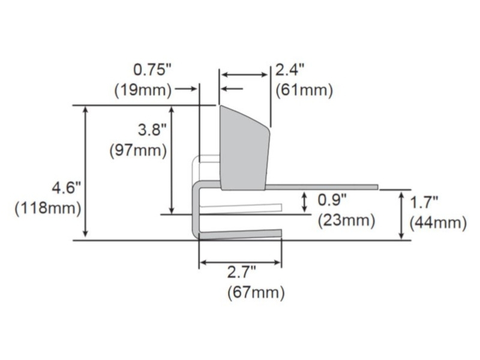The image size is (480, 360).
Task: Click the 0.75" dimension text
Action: tap(152, 70)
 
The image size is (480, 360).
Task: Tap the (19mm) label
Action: tap(143, 91)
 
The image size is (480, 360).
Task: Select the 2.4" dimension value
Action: tap(290, 70)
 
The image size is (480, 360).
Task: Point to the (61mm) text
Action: tap(304, 91)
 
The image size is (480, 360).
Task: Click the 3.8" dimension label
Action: tap(152, 130)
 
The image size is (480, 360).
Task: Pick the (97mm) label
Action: tap(138, 151)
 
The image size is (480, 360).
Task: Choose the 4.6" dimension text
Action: tap(67, 187)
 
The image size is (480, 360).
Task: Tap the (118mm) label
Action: tap(48, 208)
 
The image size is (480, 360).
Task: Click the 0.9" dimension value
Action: tap(332, 200)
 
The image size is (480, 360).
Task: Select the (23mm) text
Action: tap(347, 221)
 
